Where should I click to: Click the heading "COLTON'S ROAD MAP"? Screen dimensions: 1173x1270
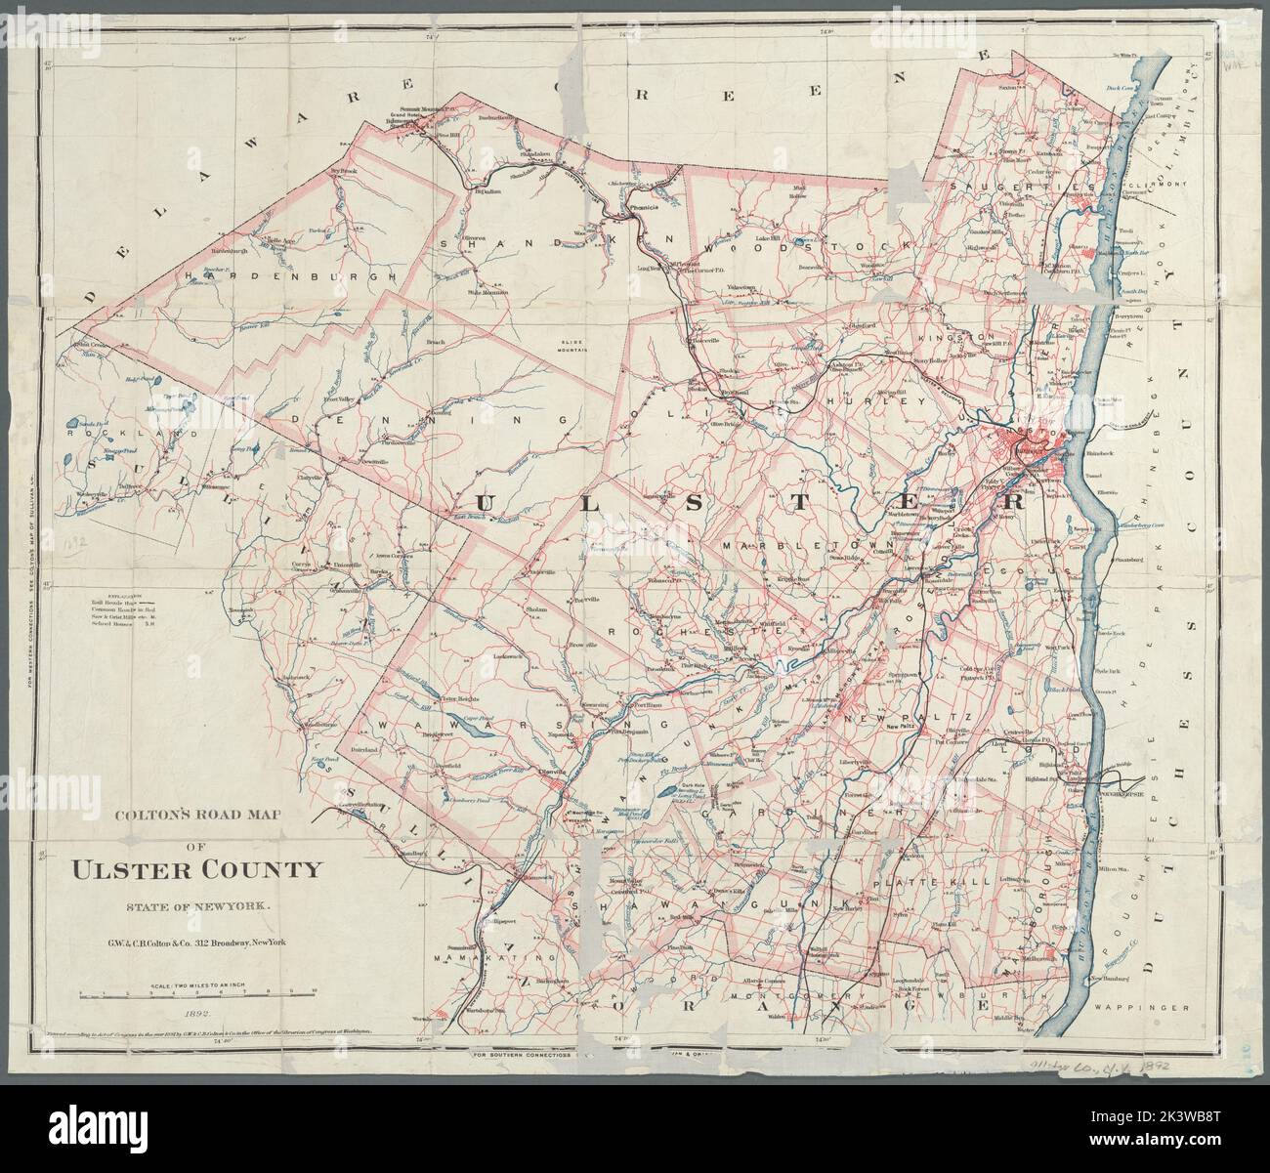pos(193,810)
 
